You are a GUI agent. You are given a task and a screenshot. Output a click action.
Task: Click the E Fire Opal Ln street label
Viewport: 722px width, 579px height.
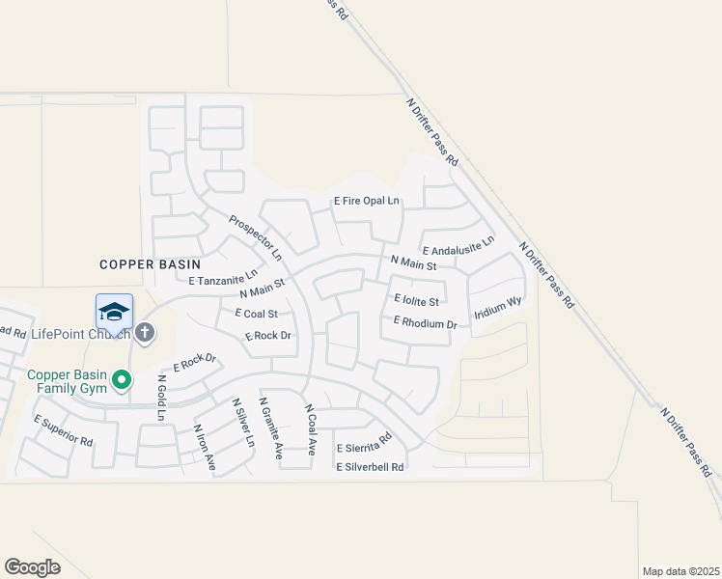point(366,202)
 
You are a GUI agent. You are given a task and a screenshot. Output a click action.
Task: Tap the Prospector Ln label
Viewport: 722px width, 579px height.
point(255,237)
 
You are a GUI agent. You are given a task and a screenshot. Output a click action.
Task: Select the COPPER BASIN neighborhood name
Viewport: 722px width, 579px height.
point(151,263)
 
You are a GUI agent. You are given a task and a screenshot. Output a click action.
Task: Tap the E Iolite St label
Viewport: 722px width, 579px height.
point(417,301)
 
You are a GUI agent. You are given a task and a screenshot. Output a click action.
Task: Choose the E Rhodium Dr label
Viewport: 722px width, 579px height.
point(425,323)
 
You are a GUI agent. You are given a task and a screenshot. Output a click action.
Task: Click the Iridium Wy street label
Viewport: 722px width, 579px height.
point(498,309)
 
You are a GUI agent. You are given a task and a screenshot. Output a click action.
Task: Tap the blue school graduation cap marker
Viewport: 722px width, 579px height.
point(114,312)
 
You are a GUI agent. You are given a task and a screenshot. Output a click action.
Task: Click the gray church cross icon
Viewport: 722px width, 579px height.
point(145,333)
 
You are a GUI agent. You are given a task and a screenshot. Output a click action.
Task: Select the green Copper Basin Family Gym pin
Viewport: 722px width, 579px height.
point(122,381)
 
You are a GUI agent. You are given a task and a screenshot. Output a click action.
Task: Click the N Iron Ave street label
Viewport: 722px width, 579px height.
point(205,448)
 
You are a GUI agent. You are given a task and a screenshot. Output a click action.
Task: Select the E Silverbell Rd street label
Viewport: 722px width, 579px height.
point(370,467)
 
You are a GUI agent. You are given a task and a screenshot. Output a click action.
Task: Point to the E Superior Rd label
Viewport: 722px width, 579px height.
point(63,431)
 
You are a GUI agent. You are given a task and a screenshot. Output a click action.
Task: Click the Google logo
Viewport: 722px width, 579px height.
point(33,566)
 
